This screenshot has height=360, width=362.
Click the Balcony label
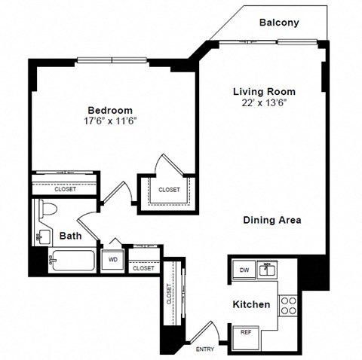coord(278,23)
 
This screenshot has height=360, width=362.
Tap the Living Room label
coord(262,91)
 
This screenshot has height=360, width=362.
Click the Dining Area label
coord(271,220)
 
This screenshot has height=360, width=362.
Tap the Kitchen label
coord(251,305)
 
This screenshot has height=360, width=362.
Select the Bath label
coord(71,236)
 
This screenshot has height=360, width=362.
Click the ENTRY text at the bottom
coord(205,350)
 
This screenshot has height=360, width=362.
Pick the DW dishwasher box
coord(244,269)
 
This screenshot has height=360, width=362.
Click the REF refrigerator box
coord(246,331)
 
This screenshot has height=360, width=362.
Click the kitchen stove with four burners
coord(287,305)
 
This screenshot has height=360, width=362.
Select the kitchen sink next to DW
coord(265,268)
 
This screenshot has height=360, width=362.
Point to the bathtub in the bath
coord(71,262)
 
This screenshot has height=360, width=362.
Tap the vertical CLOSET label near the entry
coord(170,295)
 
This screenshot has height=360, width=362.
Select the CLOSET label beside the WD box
coord(143,267)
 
